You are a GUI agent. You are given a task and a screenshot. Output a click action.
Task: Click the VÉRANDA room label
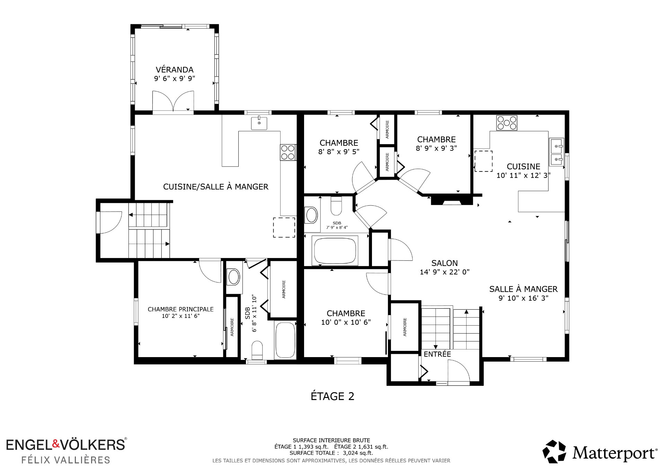pos(175,70)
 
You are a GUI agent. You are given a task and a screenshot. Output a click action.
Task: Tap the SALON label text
pos(444,263)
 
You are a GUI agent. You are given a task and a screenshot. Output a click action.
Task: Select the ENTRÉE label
pos(437,354)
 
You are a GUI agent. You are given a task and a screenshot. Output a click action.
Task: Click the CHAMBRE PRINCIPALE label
pos(180,309)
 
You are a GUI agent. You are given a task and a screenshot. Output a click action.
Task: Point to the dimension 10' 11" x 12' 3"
pos(523,175)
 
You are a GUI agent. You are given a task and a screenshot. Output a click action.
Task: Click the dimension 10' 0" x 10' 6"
pos(346,322)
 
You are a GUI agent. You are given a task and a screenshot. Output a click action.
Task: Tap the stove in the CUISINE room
pos(507,123)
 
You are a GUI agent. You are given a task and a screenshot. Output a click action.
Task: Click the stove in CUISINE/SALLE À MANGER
pos(288,152)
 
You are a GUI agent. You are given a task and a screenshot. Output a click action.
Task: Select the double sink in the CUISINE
pos(557,152)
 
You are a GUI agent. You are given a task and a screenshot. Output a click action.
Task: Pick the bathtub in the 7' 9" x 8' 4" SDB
pos(335,250)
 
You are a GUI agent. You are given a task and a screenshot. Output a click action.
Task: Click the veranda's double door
pos(173,101)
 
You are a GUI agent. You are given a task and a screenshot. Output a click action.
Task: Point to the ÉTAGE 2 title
pos(332,396)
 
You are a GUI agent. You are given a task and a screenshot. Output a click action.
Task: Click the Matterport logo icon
pos(554,451)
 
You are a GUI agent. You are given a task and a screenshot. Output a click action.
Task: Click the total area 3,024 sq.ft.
pos(358,453)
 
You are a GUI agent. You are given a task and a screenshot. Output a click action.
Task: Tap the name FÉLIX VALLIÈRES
pos(66,460)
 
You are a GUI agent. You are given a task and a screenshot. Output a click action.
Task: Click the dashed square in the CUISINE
pos(483,161)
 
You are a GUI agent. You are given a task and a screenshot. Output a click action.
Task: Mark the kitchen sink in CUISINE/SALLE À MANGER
pos(259,123)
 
